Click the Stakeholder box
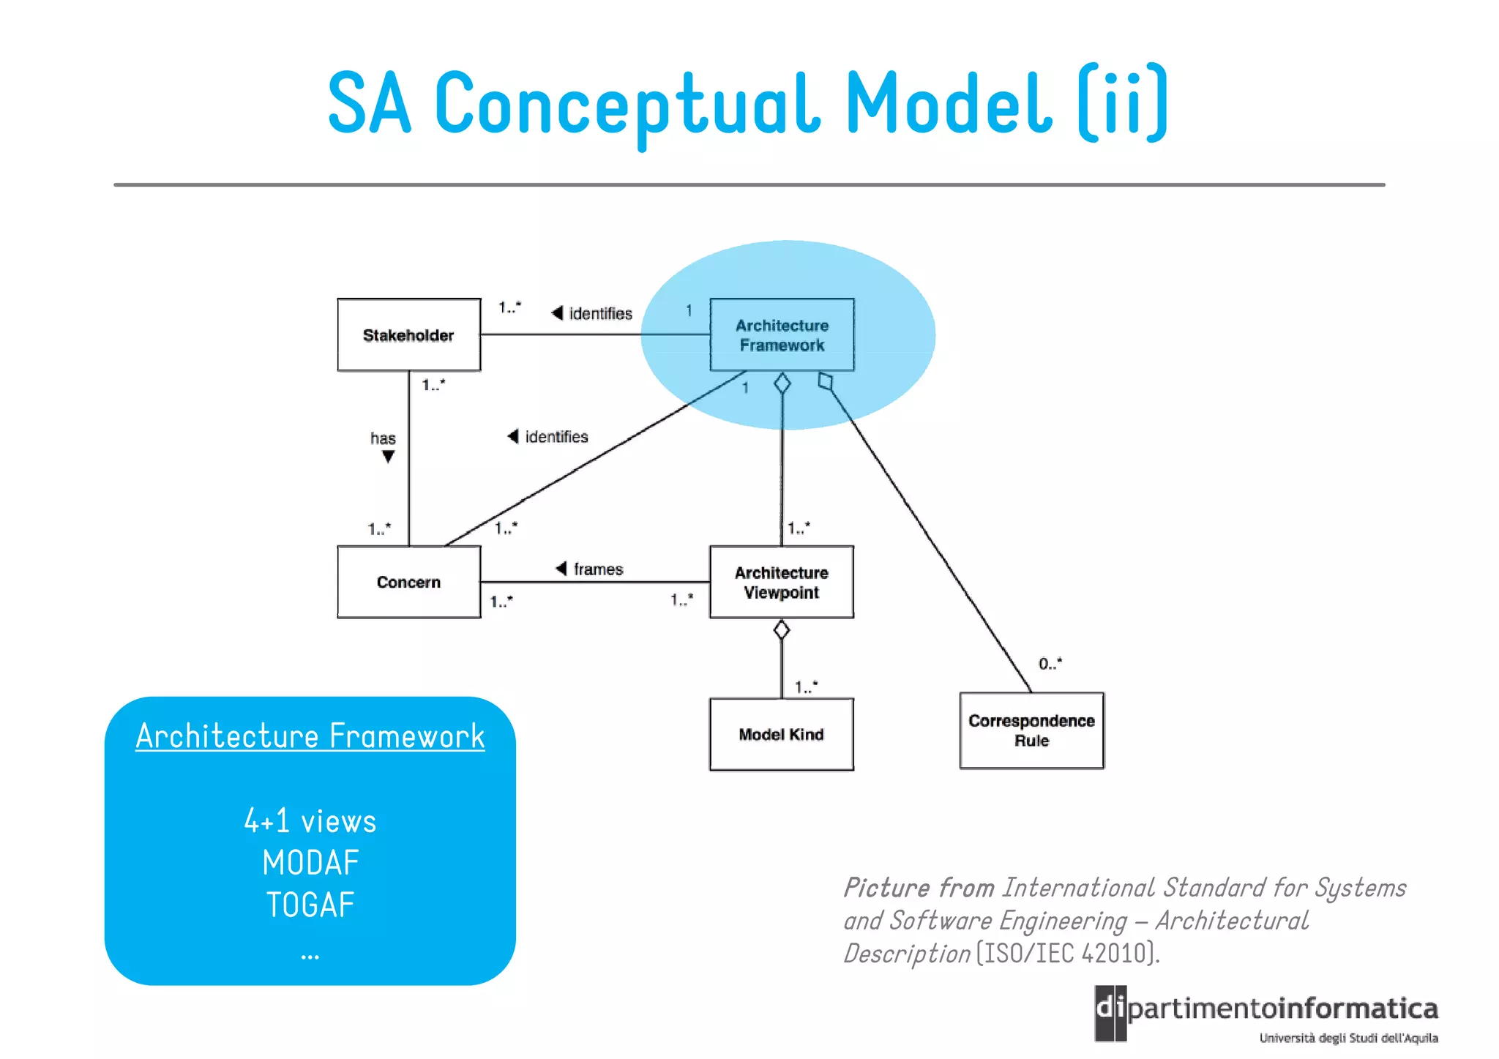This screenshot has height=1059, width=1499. click(408, 335)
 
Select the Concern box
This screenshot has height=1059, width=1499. click(408, 582)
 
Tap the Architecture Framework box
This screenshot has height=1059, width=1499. click(782, 335)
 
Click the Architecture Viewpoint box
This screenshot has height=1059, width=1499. click(781, 582)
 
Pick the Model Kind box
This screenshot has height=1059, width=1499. click(781, 734)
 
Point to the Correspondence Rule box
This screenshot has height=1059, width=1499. click(1031, 730)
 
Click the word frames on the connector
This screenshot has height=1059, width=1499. click(598, 569)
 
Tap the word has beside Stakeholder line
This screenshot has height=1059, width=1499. click(383, 438)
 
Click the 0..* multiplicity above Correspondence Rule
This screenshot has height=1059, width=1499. click(1050, 664)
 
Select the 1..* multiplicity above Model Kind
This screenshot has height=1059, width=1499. click(806, 686)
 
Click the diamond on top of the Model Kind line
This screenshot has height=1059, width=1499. click(782, 629)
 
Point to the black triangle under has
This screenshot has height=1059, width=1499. click(389, 457)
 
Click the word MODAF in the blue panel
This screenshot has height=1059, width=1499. click(310, 864)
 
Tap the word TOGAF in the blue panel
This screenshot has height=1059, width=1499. click(310, 905)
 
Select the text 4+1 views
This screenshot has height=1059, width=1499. click(310, 821)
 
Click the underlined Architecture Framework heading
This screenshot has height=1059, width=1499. click(310, 736)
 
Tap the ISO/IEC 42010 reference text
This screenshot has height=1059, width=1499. click(1068, 954)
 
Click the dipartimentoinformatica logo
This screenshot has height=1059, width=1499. click(1266, 1014)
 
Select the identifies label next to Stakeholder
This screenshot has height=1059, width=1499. click(600, 314)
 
